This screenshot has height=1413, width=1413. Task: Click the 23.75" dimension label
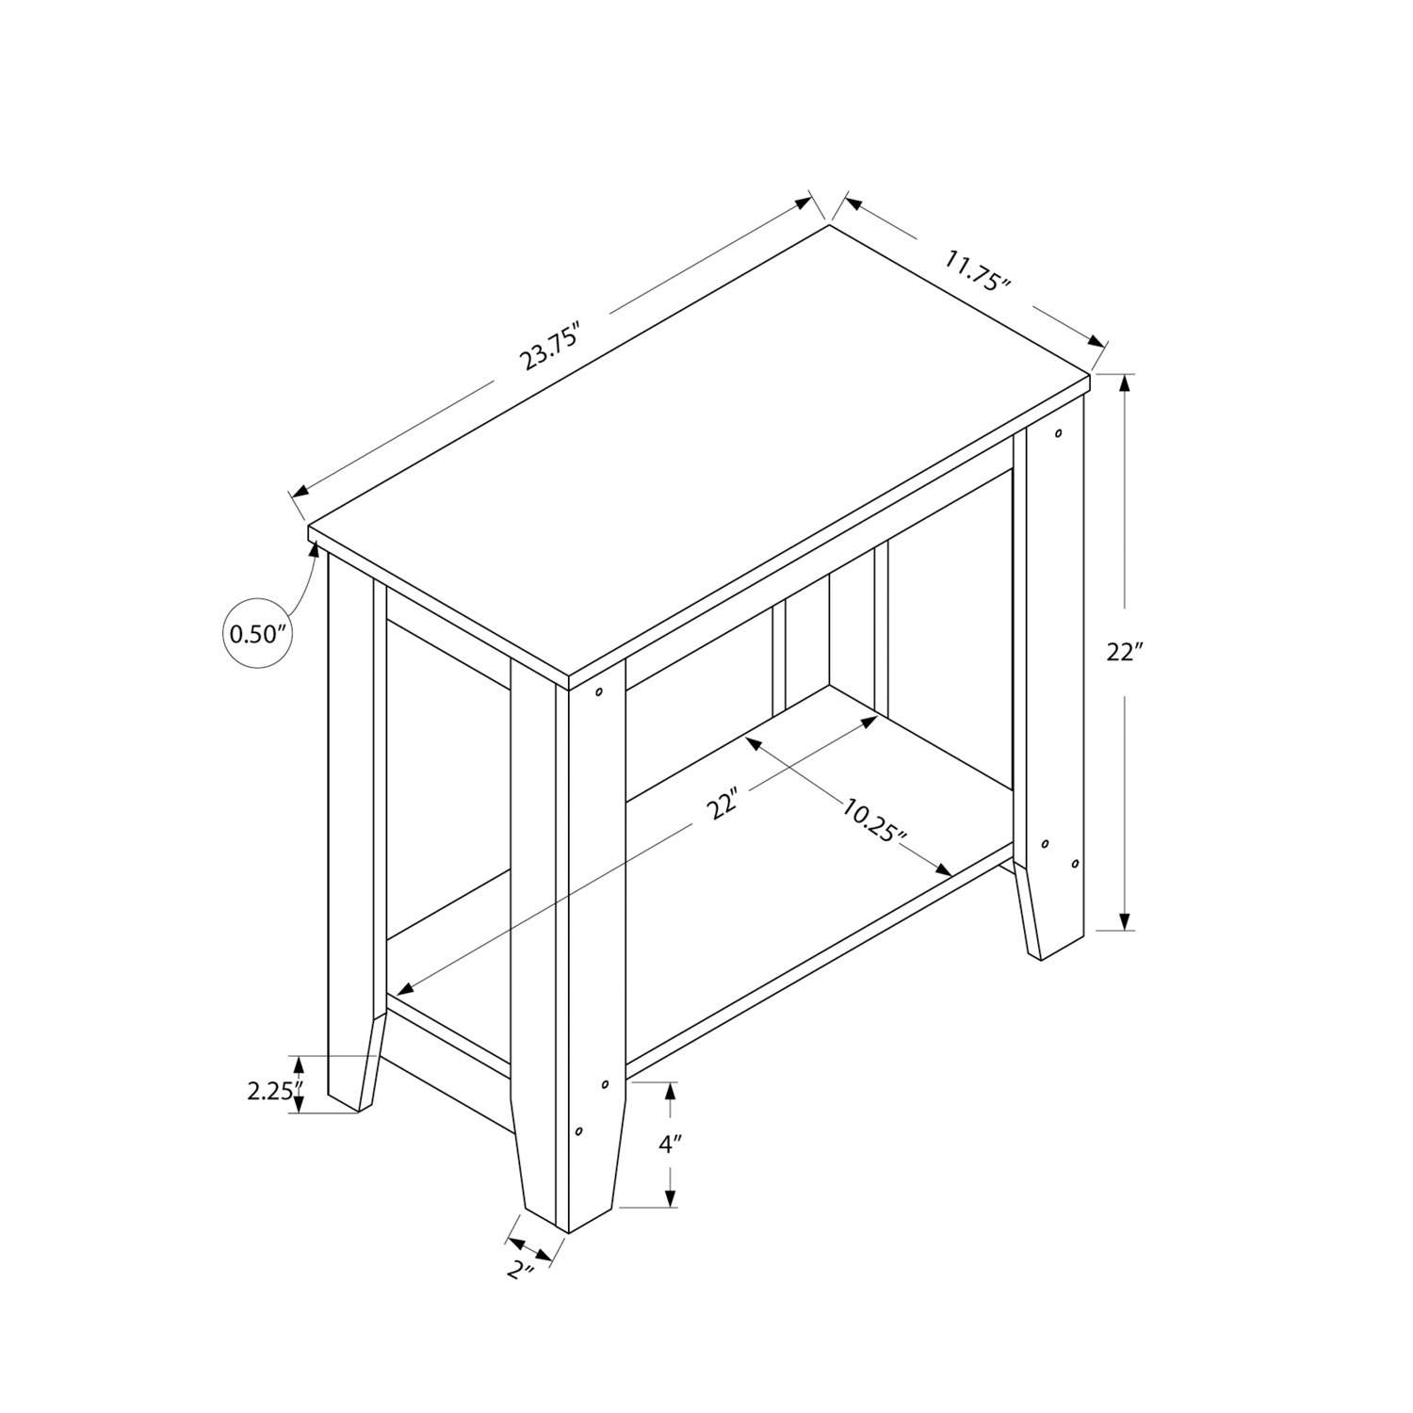(550, 347)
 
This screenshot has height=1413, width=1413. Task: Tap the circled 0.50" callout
(257, 633)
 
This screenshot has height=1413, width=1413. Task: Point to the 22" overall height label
(1125, 652)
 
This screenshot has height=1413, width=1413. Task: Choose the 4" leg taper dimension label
(671, 1145)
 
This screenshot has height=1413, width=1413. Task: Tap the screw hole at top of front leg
(599, 692)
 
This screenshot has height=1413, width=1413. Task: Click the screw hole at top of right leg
(1060, 434)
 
